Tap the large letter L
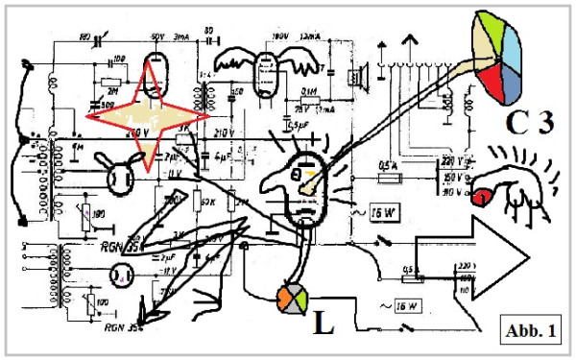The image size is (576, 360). coord(324,324)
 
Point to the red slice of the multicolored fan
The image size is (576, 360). coord(497,84)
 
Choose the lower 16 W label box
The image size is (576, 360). coord(403,306)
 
